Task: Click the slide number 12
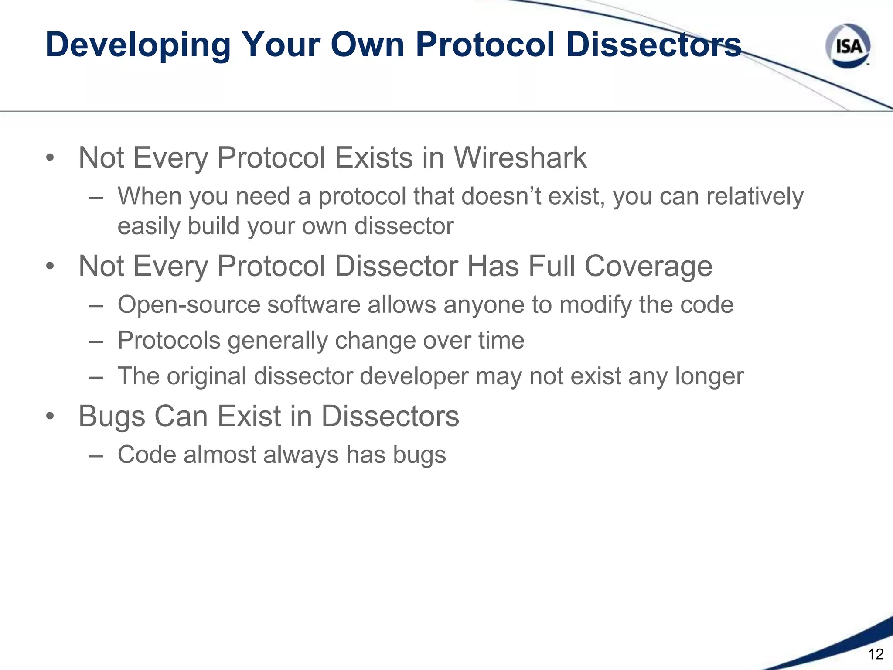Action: point(876,654)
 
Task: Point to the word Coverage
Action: point(648,266)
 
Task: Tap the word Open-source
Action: point(189,304)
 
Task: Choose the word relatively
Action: point(755,196)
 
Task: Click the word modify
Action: point(595,304)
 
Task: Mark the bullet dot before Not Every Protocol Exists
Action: point(50,157)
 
